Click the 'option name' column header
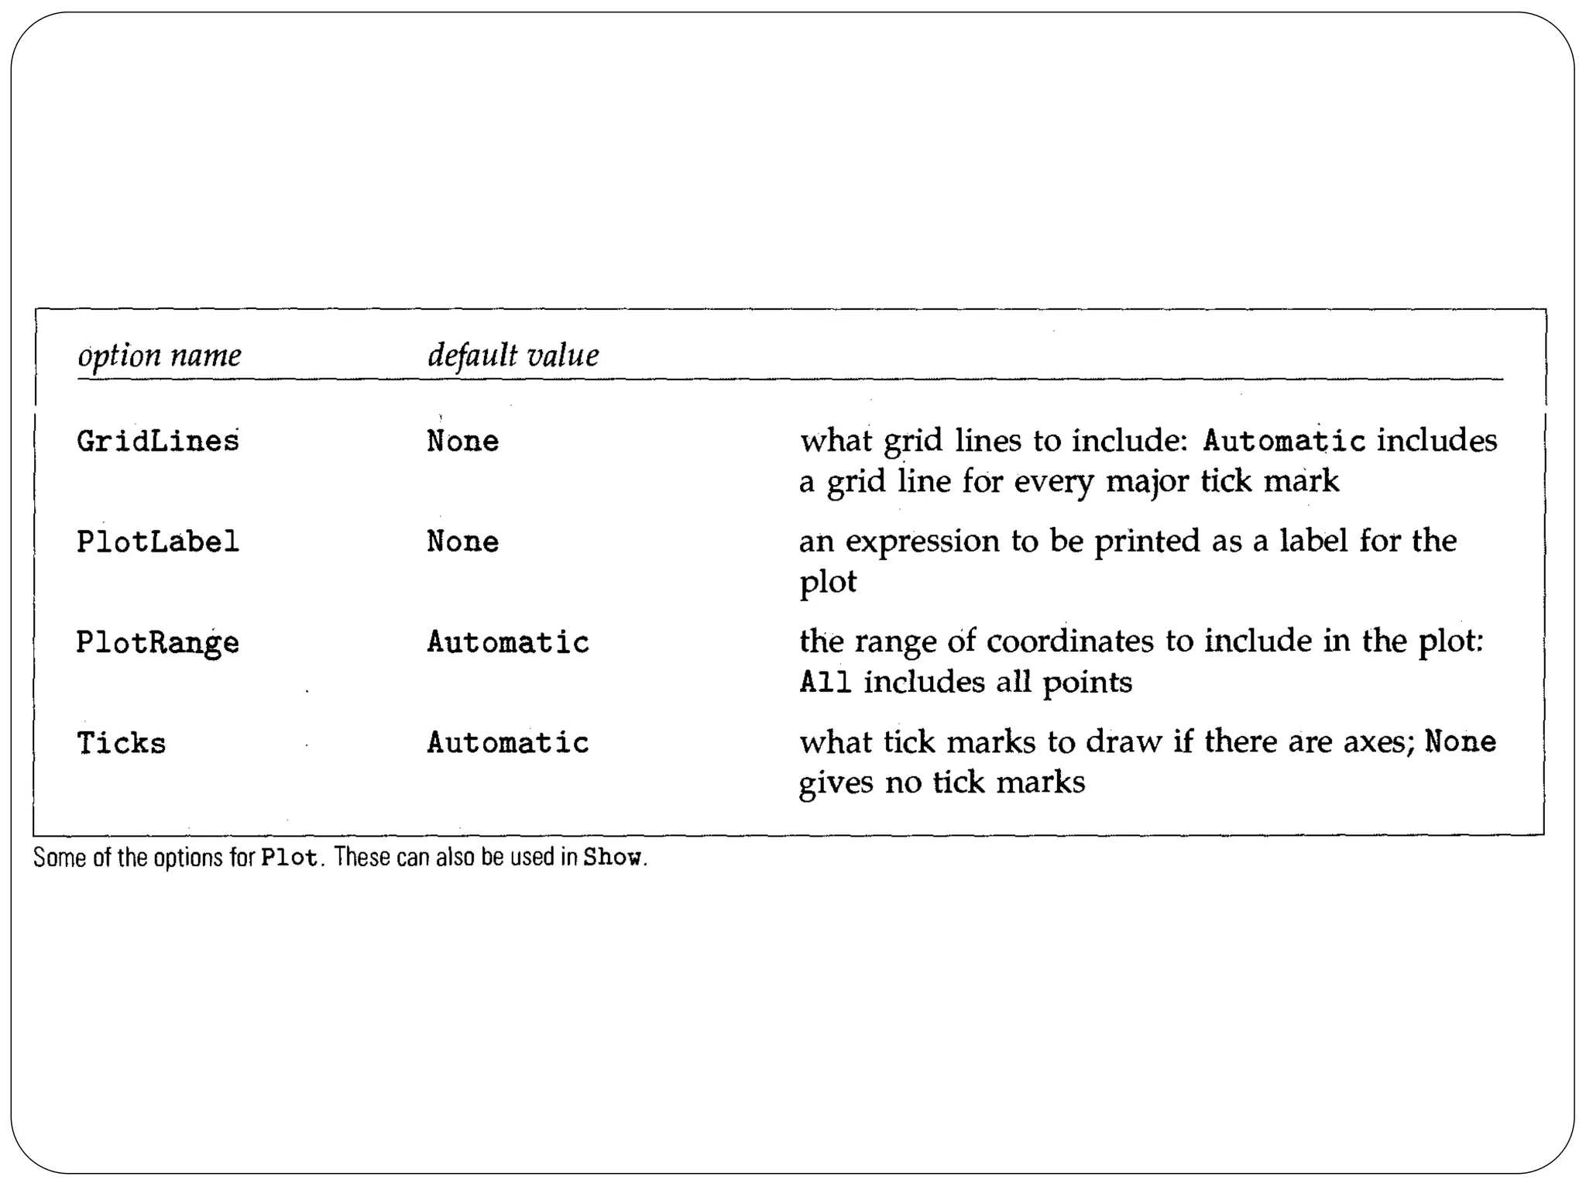point(160,356)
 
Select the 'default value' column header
point(513,356)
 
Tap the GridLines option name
point(158,442)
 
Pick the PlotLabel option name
point(158,542)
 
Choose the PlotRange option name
point(158,643)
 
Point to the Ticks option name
point(122,744)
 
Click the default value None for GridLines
point(463,442)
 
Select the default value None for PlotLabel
point(463,542)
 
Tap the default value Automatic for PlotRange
point(508,643)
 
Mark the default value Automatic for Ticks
point(508,744)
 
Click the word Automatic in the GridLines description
point(1284,442)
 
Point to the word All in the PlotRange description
point(826,683)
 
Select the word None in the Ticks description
point(1461,742)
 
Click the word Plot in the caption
point(290,858)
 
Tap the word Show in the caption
point(612,858)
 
